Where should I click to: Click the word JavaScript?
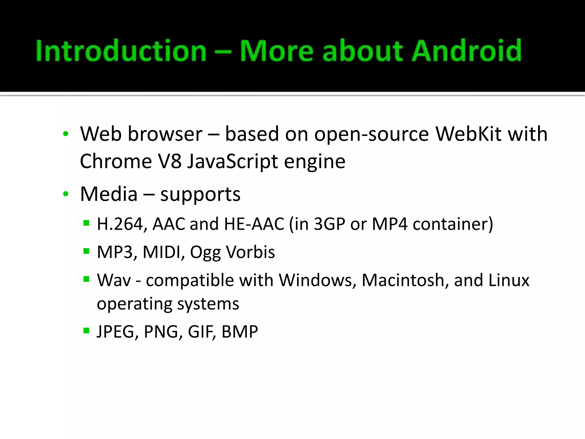[233, 161]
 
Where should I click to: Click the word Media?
[109, 194]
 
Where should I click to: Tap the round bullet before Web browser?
[66, 134]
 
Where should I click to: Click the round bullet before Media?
[66, 194]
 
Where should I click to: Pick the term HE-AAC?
[254, 224]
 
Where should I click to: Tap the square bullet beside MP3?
[86, 251]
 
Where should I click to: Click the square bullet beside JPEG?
[86, 331]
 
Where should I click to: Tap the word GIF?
[202, 332]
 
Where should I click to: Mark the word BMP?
[240, 332]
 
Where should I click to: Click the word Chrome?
[116, 161]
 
